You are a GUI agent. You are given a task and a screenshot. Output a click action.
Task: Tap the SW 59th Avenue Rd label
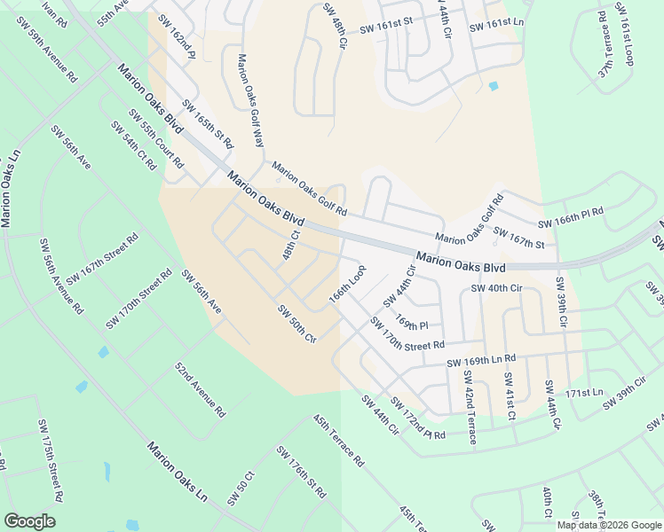[x=54, y=60]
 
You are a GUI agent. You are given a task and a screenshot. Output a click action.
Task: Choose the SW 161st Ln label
[x=497, y=24]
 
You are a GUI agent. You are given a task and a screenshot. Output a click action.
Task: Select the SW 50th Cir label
[x=297, y=324]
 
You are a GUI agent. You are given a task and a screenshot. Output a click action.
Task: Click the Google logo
[x=30, y=521]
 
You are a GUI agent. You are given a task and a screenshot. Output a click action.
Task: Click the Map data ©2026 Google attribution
[x=608, y=525]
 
